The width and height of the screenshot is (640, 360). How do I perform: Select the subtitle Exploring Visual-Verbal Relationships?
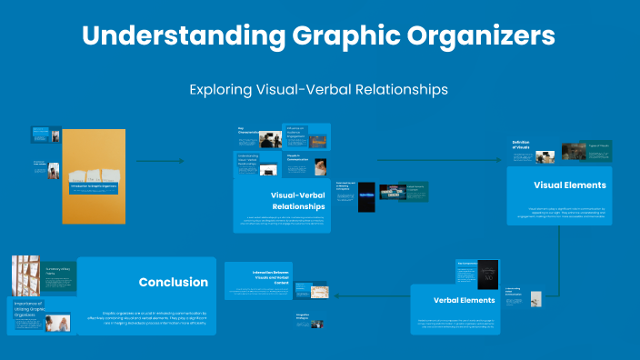tap(319, 90)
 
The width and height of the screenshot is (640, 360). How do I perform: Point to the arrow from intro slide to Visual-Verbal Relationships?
tap(160, 162)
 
